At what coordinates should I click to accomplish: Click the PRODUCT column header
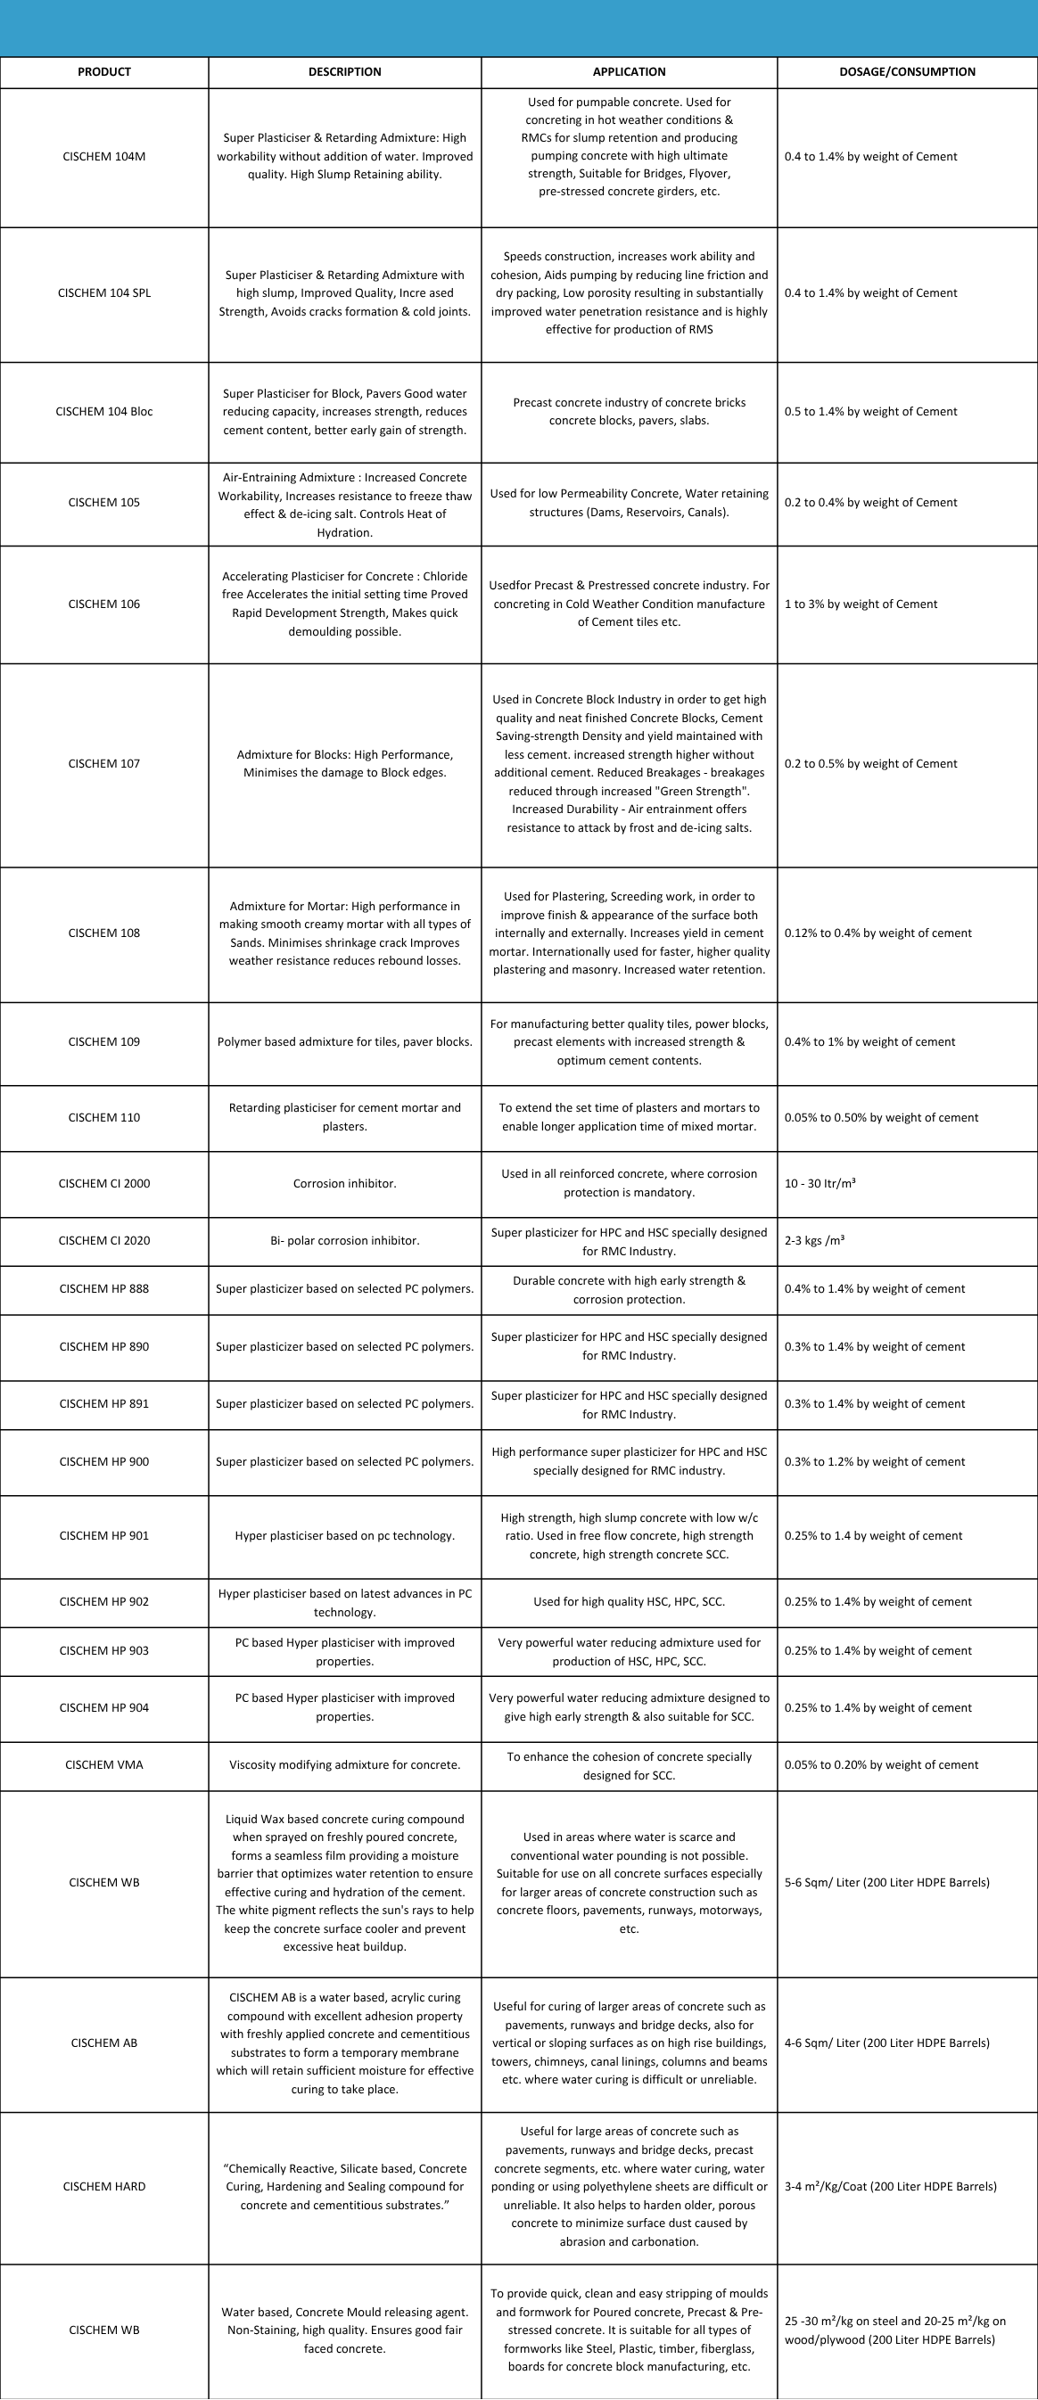click(x=104, y=71)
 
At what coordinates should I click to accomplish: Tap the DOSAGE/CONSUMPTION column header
click(x=907, y=71)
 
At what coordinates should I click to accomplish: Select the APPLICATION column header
click(x=629, y=71)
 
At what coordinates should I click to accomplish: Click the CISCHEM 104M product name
click(x=104, y=157)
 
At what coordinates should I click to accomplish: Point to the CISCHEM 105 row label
click(x=104, y=502)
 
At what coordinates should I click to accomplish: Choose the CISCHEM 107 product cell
click(x=104, y=763)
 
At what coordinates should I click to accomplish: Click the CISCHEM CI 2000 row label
click(x=104, y=1183)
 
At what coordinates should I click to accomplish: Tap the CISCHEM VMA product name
click(x=104, y=1764)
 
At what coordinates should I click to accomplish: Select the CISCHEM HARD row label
click(x=104, y=2186)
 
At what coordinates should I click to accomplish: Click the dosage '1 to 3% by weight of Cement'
click(x=861, y=604)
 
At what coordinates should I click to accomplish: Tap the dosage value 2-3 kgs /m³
click(x=814, y=1240)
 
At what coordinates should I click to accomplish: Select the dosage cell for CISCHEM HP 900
click(x=875, y=1461)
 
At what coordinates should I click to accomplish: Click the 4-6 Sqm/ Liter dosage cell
click(x=887, y=2042)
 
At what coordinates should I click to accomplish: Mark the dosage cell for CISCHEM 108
click(x=877, y=933)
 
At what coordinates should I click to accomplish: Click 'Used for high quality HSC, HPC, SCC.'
click(x=629, y=1601)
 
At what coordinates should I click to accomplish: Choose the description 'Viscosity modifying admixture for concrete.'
click(x=345, y=1764)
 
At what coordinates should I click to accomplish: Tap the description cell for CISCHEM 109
click(x=345, y=1041)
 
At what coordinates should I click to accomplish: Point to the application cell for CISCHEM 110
click(x=629, y=1117)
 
